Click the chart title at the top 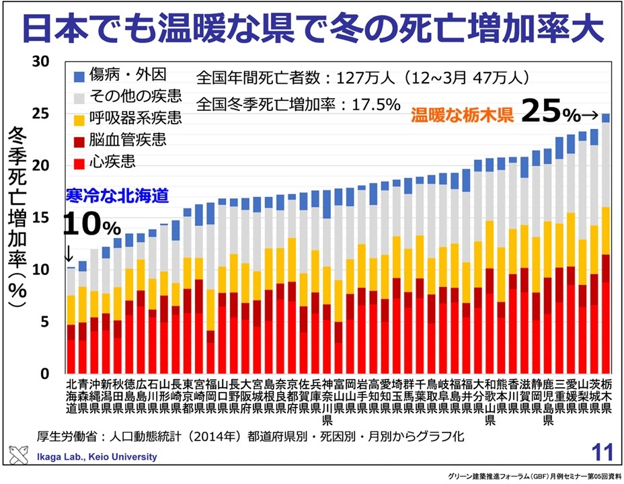coord(311,28)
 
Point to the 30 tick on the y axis coord(41,62)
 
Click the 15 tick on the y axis coord(41,218)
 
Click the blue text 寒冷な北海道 coord(115,196)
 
